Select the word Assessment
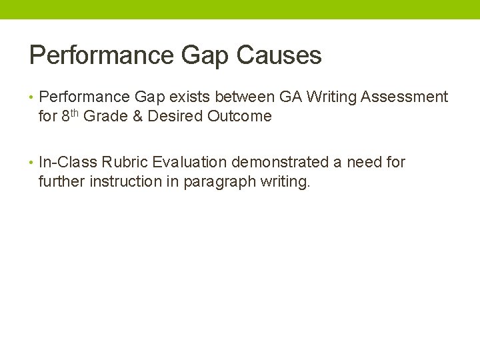[x=404, y=97]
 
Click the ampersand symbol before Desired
[x=136, y=116]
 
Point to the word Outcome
[x=239, y=116]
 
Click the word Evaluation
[x=190, y=162]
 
